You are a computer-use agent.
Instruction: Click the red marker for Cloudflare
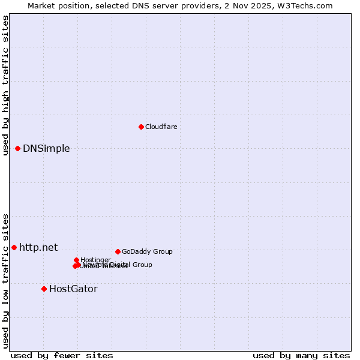click(x=141, y=127)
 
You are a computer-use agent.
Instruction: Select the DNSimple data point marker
click(x=18, y=148)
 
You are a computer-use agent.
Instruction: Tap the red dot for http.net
click(x=14, y=247)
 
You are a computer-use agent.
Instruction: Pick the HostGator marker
click(x=44, y=289)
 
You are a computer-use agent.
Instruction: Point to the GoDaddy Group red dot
click(x=118, y=251)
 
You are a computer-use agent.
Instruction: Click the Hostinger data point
click(x=76, y=260)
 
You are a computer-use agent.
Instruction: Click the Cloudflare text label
click(x=161, y=127)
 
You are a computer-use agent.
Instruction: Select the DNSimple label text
click(x=46, y=149)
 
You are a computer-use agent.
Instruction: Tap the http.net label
click(x=38, y=247)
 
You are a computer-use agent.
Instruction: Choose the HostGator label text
click(x=73, y=289)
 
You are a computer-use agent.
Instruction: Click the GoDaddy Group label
click(x=147, y=251)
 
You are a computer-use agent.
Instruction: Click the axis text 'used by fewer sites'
click(x=62, y=355)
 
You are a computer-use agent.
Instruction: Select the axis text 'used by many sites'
click(x=301, y=355)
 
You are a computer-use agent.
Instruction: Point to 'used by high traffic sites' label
click(x=5, y=85)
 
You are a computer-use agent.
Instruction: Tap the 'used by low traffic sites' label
click(x=5, y=280)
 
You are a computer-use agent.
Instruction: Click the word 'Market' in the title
click(x=42, y=5)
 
